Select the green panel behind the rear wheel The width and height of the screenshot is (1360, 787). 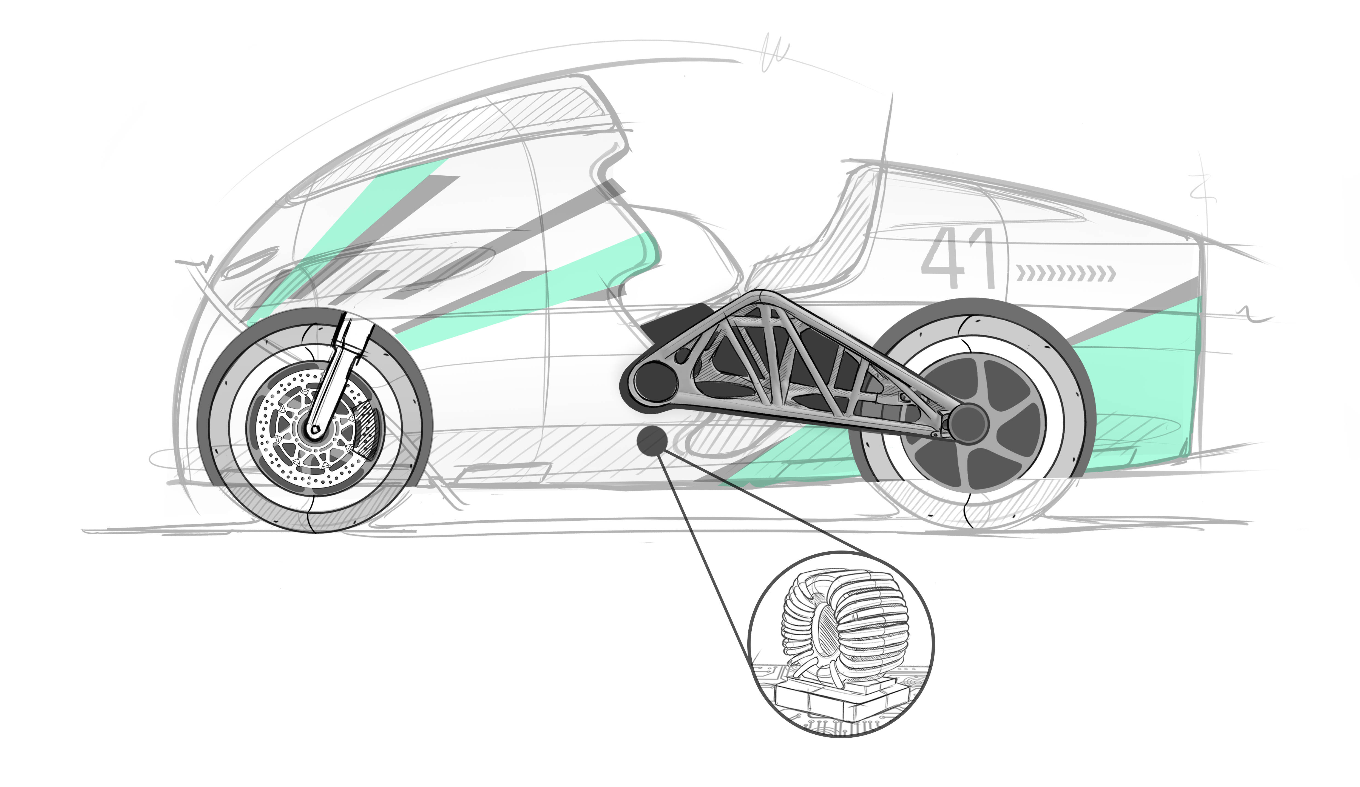[x=1133, y=378]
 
